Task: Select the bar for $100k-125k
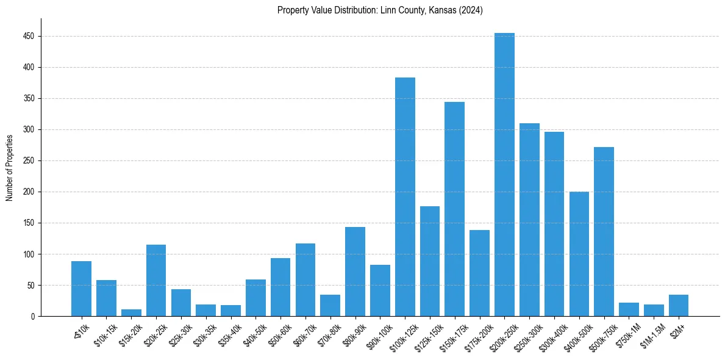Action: pyautogui.click(x=405, y=196)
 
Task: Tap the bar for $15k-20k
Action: pyautogui.click(x=131, y=312)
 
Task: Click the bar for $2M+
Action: pyautogui.click(x=678, y=305)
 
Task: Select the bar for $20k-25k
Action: pyautogui.click(x=156, y=280)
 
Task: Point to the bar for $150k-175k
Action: pyautogui.click(x=454, y=209)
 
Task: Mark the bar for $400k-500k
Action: pyautogui.click(x=579, y=254)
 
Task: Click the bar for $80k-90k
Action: pyautogui.click(x=355, y=272)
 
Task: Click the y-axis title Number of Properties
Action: pyautogui.click(x=9, y=167)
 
